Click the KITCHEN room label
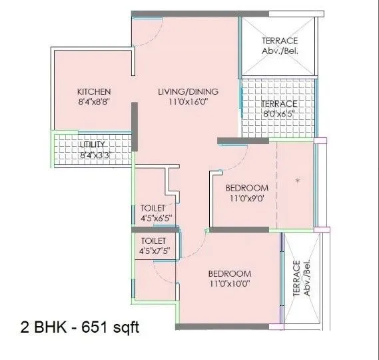point(93,92)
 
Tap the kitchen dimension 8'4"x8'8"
point(93,103)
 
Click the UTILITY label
point(91,145)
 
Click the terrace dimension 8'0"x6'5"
point(278,115)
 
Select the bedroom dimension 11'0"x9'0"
point(246,199)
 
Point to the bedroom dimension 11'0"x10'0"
point(230,285)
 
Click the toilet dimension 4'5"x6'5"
point(157,218)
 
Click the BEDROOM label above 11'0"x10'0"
point(230,274)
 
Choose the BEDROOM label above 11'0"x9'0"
point(246,188)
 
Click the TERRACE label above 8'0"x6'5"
point(278,104)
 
